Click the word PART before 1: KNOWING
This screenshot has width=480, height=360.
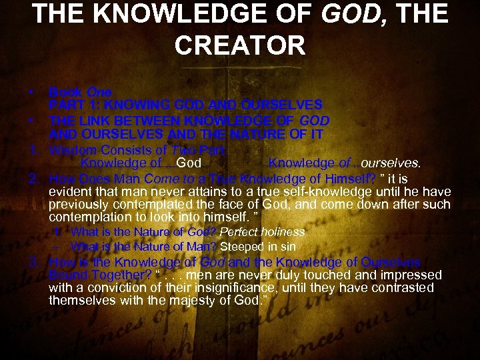click(65, 105)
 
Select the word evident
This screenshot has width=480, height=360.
click(71, 191)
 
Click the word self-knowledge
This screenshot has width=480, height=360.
click(289, 191)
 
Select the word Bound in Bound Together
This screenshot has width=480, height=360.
click(67, 275)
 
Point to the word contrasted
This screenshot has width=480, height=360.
click(403, 288)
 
